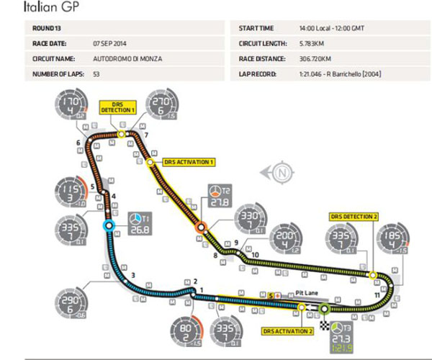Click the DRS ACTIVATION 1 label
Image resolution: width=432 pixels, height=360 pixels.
click(189, 162)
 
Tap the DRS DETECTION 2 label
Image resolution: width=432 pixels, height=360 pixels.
click(354, 216)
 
